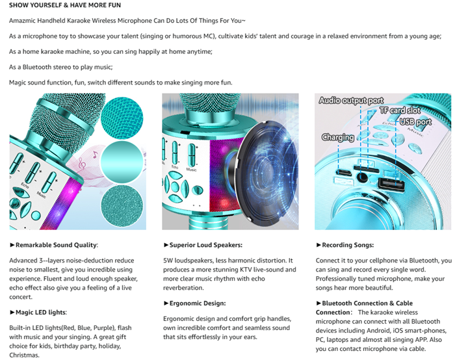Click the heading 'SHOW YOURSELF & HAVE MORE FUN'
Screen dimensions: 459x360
pyautogui.click(x=65, y=5)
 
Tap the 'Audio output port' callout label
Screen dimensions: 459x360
pyautogui.click(x=351, y=100)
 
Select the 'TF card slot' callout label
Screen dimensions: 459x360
pyautogui.click(x=400, y=110)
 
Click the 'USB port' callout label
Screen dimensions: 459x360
pyautogui.click(x=415, y=122)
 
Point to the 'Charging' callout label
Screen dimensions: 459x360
pyautogui.click(x=338, y=137)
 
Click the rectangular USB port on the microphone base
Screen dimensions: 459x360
pyautogui.click(x=391, y=185)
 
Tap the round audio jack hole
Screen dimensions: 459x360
pyautogui.click(x=362, y=177)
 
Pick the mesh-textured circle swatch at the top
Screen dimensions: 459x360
pyautogui.click(x=122, y=118)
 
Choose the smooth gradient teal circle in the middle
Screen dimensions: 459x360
pyautogui.click(x=122, y=162)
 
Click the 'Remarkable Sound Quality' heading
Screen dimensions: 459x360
pyautogui.click(x=56, y=245)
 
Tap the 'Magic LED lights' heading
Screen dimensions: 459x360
pyautogui.click(x=41, y=313)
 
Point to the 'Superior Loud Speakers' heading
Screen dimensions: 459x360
pyautogui.click(x=205, y=245)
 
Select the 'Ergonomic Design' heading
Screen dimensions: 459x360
pyautogui.click(x=197, y=303)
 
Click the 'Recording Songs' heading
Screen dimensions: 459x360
pyautogui.click(x=347, y=245)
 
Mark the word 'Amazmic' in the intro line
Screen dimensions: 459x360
pyautogui.click(x=22, y=21)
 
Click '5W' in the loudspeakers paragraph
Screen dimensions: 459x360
pyautogui.click(x=168, y=261)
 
